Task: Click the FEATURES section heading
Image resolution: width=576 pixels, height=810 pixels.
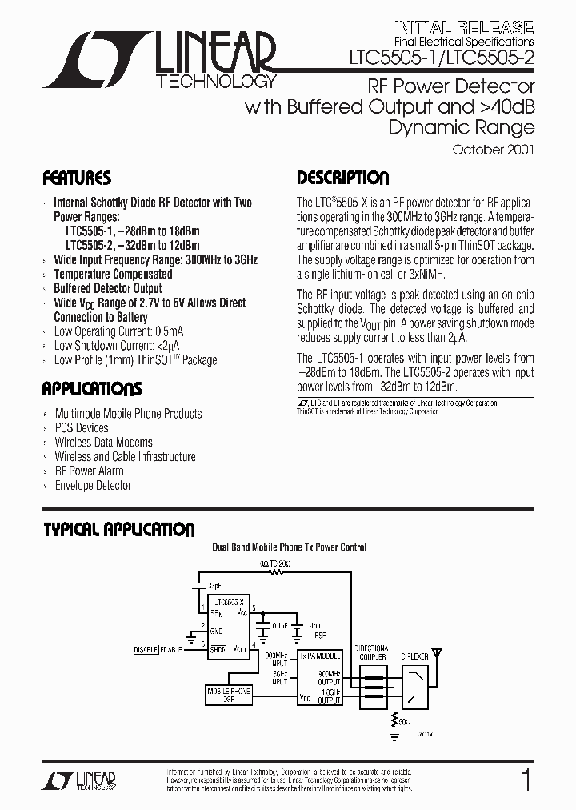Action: [77, 178]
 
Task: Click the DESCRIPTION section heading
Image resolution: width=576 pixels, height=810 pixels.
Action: [342, 178]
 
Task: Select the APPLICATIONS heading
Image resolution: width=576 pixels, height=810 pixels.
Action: [92, 390]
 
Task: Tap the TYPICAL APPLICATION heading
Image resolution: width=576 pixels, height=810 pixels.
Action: [118, 530]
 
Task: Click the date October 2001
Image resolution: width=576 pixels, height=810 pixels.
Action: [493, 150]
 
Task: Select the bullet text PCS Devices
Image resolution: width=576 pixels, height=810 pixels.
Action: [82, 428]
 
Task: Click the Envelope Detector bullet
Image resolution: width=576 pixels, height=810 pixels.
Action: [93, 486]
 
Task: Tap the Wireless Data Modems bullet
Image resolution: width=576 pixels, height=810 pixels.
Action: [103, 443]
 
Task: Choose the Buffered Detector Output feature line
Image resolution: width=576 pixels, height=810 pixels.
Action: [107, 288]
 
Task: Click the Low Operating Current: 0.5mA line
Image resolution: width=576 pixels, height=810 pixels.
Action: [118, 331]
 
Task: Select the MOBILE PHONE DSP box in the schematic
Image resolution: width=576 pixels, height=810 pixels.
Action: [230, 694]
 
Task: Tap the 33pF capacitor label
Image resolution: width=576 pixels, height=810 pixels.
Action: [214, 584]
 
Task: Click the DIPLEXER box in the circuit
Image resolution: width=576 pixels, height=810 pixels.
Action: [416, 680]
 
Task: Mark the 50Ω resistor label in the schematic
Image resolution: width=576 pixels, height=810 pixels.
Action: [404, 722]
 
